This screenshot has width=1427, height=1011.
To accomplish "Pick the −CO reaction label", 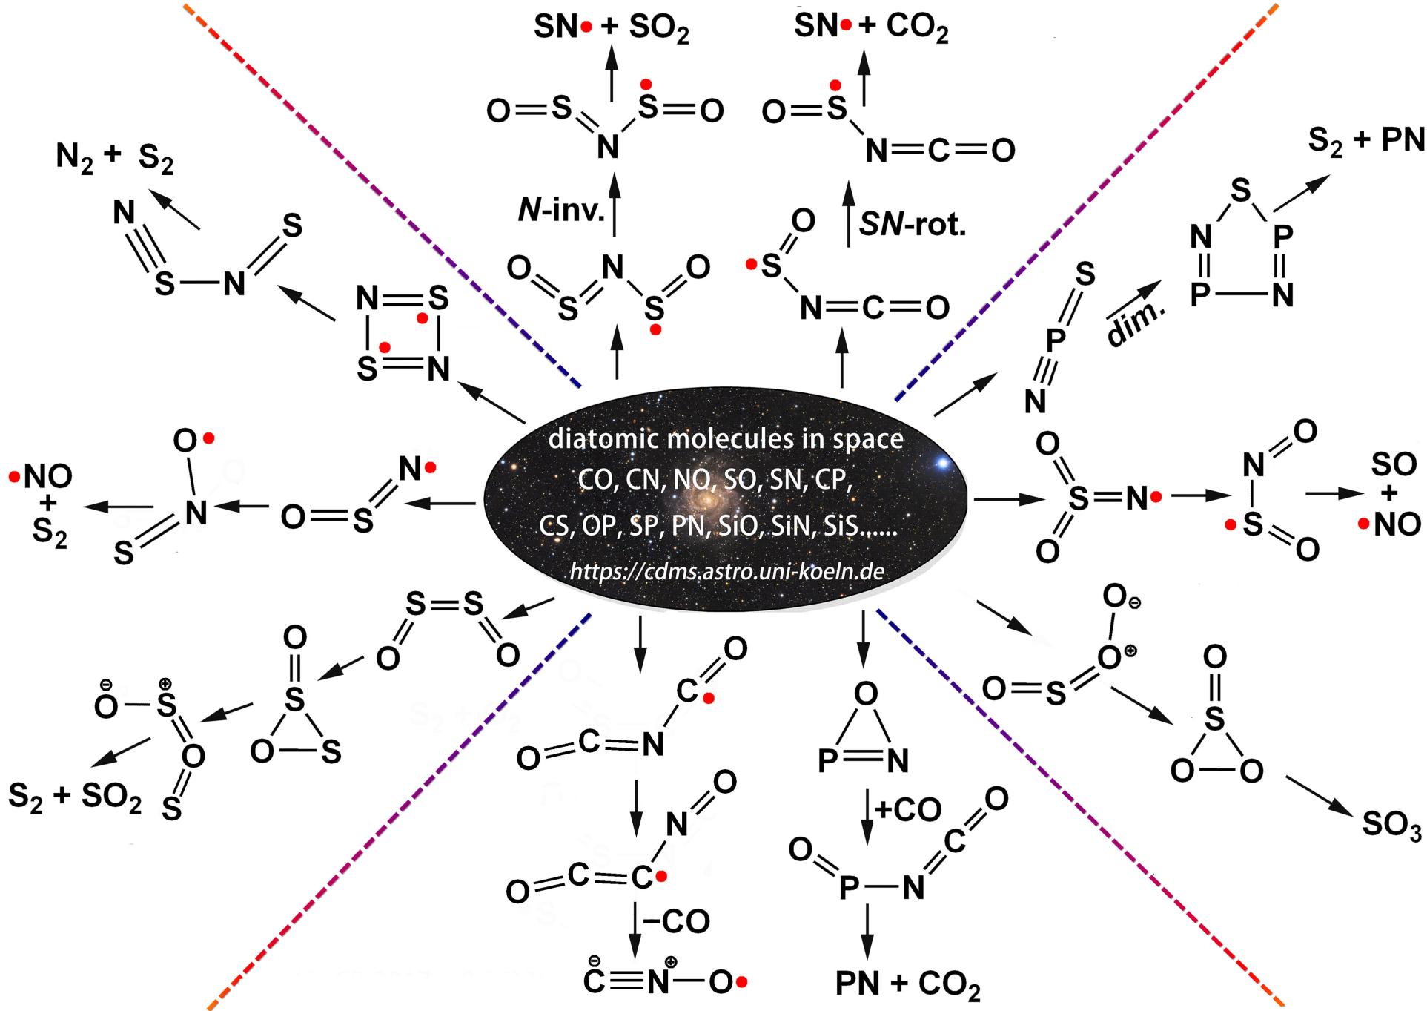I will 675,921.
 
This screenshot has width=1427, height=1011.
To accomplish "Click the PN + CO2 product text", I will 907,984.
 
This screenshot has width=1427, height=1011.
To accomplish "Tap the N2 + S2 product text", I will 114,158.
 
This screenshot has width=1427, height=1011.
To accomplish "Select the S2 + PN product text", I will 1366,139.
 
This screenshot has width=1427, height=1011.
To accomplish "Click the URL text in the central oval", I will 726,571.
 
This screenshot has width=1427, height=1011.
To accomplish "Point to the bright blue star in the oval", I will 942,464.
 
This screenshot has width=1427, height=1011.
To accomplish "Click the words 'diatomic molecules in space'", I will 726,439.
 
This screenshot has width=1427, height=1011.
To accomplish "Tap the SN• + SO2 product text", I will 611,28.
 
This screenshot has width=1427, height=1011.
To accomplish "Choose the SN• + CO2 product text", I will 871,27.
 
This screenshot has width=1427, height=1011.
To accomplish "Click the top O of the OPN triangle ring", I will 865,695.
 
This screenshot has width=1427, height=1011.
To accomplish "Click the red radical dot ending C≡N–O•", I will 741,983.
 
